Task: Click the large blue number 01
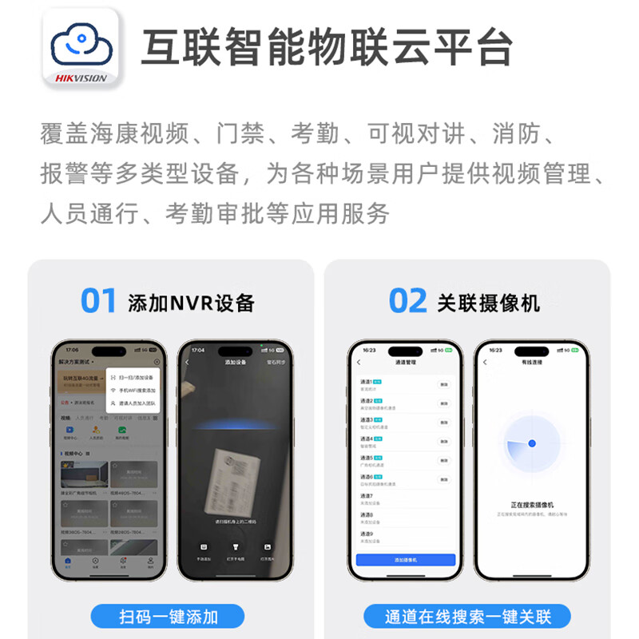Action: point(99,302)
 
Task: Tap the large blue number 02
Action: point(407,302)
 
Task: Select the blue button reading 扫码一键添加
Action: point(169,616)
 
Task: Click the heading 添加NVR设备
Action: point(191,303)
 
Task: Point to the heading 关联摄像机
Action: point(489,303)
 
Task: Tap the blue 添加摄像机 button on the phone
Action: point(405,560)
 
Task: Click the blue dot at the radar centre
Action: point(532,443)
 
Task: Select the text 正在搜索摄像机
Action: point(531,506)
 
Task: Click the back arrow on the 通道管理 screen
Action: point(359,362)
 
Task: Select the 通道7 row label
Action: point(367,496)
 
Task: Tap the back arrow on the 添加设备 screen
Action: point(187,362)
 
